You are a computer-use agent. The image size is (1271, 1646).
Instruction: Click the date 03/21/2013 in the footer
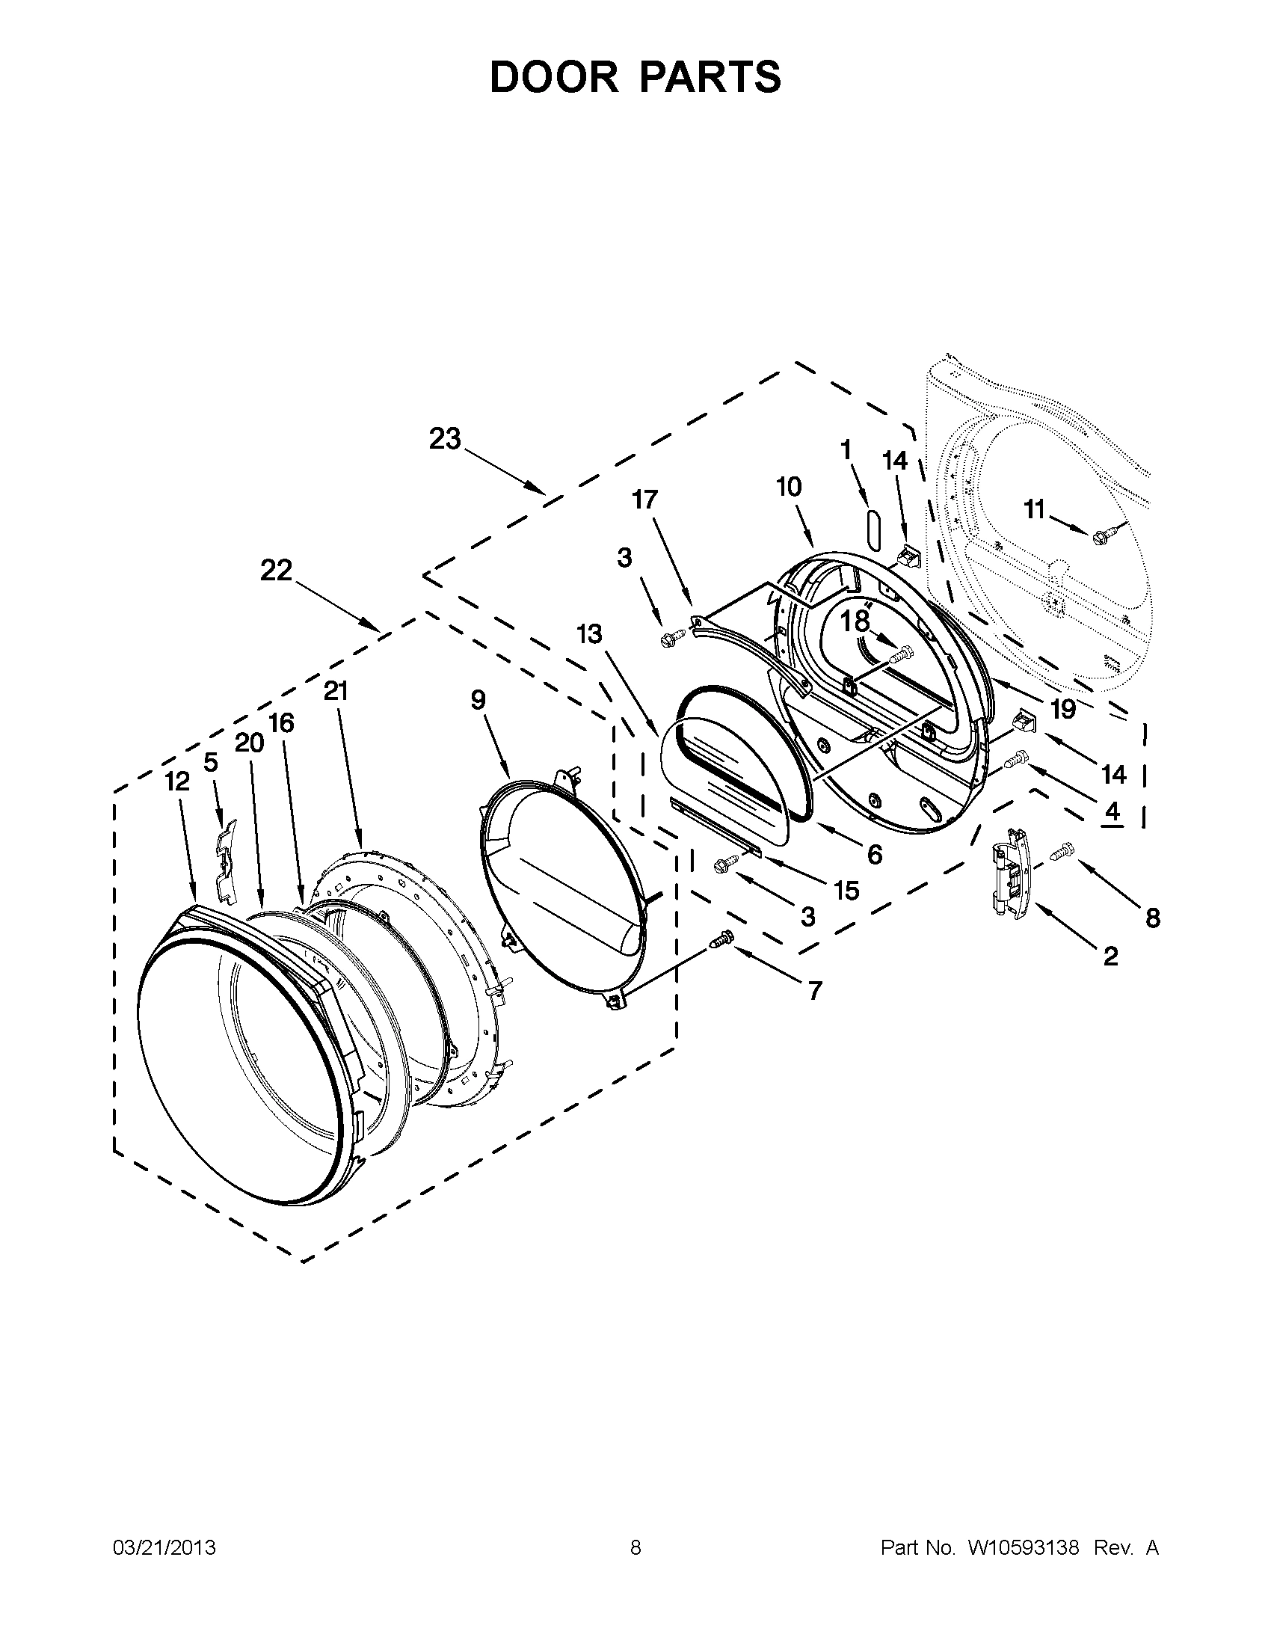pyautogui.click(x=164, y=1548)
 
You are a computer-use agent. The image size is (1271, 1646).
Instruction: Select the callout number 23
pyautogui.click(x=445, y=439)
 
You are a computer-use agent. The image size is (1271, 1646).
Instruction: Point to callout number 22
pyautogui.click(x=276, y=571)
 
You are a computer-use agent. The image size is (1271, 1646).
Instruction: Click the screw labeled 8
pyautogui.click(x=1059, y=853)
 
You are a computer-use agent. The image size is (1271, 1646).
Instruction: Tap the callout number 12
pyautogui.click(x=177, y=781)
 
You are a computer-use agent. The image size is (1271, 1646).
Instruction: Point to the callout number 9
pyautogui.click(x=478, y=700)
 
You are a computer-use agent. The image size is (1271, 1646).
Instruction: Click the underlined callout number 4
pyautogui.click(x=1112, y=812)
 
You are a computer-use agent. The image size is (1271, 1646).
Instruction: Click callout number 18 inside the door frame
pyautogui.click(x=855, y=621)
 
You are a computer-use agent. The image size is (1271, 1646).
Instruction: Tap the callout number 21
pyautogui.click(x=335, y=691)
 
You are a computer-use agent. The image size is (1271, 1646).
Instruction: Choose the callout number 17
pyautogui.click(x=645, y=500)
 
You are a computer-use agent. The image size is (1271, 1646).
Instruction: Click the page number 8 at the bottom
pyautogui.click(x=635, y=1548)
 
